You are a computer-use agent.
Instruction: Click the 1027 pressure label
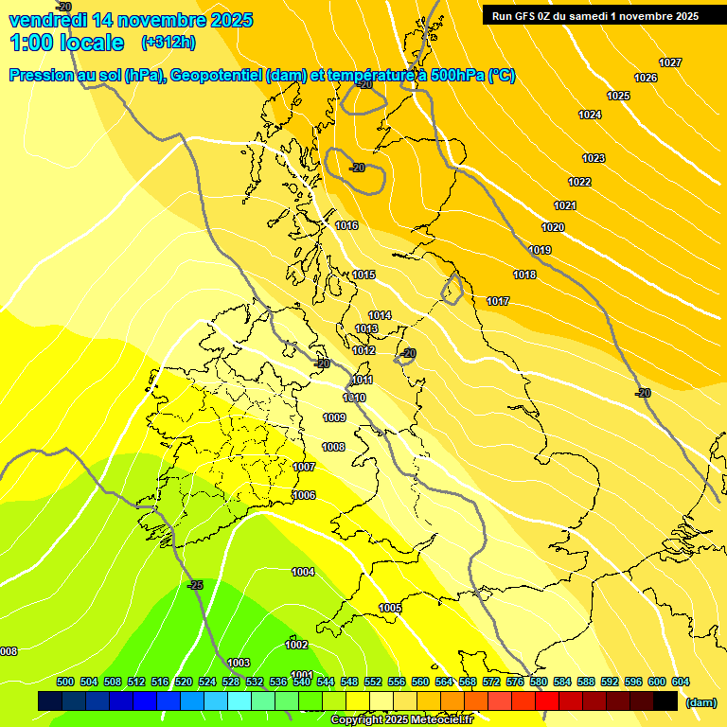(x=670, y=62)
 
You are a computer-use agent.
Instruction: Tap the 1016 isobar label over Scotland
(x=346, y=225)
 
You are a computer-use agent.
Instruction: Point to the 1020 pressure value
(x=553, y=227)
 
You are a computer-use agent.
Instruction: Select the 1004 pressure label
(x=303, y=572)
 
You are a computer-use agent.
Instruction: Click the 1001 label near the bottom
(x=302, y=675)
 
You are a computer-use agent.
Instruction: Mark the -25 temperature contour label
(x=195, y=585)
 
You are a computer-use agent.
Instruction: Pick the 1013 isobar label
(x=366, y=328)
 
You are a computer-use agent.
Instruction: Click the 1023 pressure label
(x=594, y=158)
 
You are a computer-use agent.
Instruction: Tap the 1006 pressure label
(x=304, y=495)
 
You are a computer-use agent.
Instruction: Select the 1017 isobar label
(x=498, y=301)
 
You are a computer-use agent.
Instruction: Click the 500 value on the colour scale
(x=65, y=682)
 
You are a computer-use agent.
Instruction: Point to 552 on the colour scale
(x=373, y=682)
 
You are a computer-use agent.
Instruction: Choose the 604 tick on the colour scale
(x=680, y=682)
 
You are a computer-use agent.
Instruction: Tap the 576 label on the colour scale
(x=515, y=682)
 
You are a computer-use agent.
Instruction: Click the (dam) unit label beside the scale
(x=700, y=702)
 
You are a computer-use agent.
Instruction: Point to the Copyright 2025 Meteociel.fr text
(x=401, y=720)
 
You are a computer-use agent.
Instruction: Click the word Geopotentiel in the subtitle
(x=216, y=76)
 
